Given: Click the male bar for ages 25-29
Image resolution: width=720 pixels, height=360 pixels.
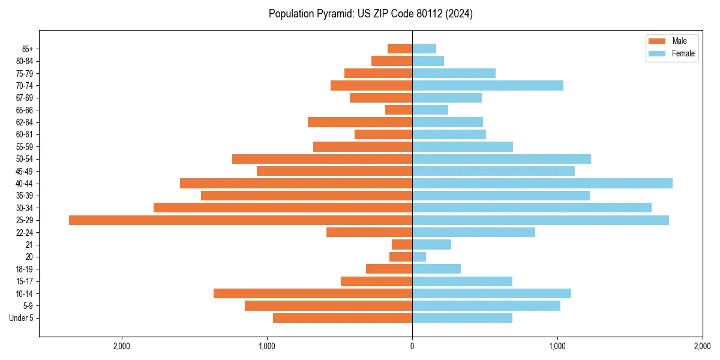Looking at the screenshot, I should [240, 220].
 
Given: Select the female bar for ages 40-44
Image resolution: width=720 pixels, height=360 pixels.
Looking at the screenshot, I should [542, 183].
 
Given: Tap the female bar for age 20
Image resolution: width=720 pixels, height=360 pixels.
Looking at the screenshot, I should [419, 257].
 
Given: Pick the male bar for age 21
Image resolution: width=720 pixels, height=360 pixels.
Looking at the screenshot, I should [402, 244].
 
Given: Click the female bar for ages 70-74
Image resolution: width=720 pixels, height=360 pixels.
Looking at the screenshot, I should [488, 85].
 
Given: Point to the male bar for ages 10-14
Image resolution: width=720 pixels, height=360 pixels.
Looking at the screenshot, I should [313, 293].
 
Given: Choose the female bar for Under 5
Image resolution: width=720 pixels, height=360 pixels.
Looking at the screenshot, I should [462, 318].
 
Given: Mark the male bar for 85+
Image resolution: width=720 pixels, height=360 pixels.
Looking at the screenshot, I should [400, 49].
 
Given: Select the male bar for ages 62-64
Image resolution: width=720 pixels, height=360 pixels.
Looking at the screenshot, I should [360, 122].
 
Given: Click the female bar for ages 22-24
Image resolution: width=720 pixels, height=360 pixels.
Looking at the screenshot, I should [473, 232].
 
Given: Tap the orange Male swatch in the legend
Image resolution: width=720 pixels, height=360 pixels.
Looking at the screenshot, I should [657, 41].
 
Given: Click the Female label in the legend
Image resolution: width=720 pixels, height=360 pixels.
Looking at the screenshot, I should [683, 53].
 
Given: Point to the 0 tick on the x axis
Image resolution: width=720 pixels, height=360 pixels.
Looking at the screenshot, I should [412, 346].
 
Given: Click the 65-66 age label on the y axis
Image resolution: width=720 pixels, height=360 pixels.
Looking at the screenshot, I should [25, 110].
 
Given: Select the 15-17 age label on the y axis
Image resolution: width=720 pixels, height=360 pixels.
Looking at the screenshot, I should [25, 281].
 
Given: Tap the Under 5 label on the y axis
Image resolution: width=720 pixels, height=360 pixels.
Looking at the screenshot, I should [21, 318].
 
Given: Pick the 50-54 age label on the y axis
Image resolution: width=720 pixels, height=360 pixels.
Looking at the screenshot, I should [25, 159].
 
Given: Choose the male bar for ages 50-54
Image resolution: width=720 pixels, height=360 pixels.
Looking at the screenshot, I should [322, 159].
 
